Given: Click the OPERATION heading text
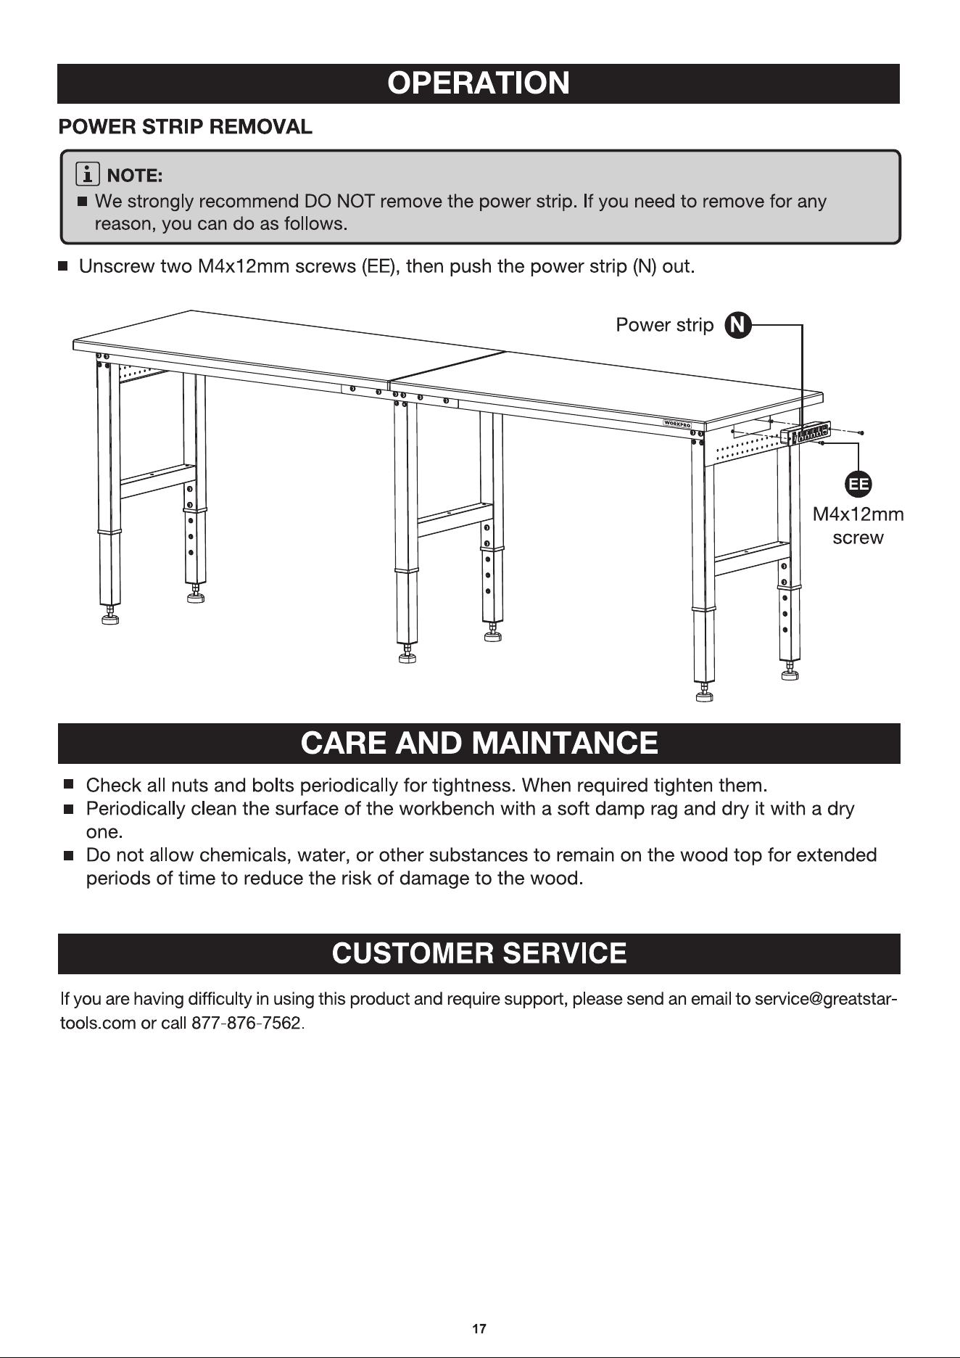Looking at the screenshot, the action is pos(479,83).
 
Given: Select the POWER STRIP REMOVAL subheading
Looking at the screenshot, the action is pos(186,127).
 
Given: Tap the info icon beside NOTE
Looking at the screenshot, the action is pos(88,175).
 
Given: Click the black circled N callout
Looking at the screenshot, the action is pos(737,325).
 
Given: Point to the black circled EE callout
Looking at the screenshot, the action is pos(858,485).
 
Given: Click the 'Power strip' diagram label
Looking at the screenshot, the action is pos(664,325).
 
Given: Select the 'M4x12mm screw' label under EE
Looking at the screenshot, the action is pos(858,526).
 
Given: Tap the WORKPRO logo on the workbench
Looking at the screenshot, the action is pos(677,423).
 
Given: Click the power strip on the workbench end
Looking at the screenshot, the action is pos(806,435).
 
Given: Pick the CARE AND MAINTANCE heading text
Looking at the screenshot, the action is pos(479,744).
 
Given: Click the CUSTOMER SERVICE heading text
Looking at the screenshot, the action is pos(479,953).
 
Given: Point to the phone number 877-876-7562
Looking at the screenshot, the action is pos(246,1024).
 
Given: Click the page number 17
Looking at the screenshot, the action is pos(479,1329).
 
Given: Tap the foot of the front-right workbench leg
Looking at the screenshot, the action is pos(703,694).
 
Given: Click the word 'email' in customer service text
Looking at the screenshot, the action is pos(711,1000).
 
